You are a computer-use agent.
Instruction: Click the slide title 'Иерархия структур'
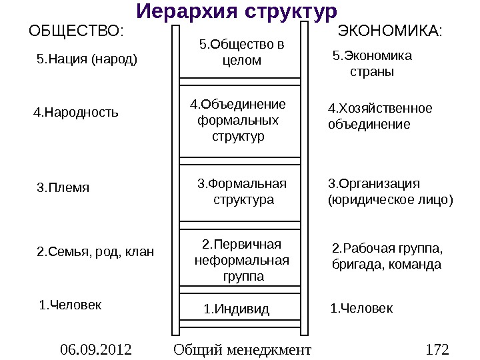(237, 11)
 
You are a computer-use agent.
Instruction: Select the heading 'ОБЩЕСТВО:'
(76, 31)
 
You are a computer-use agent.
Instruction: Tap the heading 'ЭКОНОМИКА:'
(391, 31)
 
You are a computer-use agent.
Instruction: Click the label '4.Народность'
(76, 112)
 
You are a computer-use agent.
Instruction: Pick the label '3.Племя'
(63, 187)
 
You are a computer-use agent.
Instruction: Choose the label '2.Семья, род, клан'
(95, 251)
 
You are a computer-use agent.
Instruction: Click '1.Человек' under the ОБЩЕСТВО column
(71, 305)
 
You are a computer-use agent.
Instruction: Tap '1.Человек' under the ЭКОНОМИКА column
(362, 308)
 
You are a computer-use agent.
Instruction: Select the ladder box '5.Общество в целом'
(241, 53)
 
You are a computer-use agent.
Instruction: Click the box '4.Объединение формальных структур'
(238, 121)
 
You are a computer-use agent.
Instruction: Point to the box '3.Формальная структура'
(243, 192)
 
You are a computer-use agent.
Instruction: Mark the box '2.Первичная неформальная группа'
(242, 259)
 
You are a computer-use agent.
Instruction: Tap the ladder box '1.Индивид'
(237, 309)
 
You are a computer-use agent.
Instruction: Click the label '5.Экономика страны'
(372, 63)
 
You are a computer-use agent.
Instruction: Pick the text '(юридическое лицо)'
(391, 199)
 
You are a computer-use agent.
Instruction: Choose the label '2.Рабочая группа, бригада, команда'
(387, 257)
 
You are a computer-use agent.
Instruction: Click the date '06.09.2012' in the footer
(95, 349)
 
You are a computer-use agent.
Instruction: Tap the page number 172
(437, 349)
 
